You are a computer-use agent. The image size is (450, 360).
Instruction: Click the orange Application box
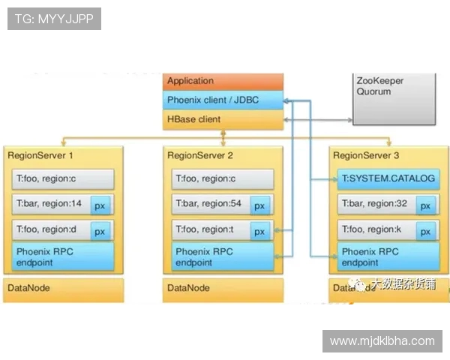(x=223, y=82)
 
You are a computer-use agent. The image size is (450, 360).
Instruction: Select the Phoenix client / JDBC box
(x=223, y=100)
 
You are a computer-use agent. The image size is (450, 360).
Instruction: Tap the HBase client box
(x=223, y=118)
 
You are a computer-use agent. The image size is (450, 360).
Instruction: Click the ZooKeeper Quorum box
(x=394, y=97)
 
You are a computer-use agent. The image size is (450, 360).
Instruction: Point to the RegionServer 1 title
(x=40, y=156)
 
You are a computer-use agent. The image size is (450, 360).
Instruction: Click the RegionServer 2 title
(x=200, y=156)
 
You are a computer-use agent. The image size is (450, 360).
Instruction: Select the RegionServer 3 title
(x=367, y=156)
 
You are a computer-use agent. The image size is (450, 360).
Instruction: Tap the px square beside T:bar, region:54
(x=259, y=205)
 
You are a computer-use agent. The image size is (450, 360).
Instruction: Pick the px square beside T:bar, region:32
(x=425, y=205)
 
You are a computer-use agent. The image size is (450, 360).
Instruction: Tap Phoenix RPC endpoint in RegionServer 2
(x=222, y=256)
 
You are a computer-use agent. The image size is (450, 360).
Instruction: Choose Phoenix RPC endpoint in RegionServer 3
(x=388, y=256)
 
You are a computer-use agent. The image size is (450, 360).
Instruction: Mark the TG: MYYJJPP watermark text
(x=54, y=19)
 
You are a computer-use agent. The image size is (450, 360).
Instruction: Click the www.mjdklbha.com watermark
(x=382, y=341)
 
